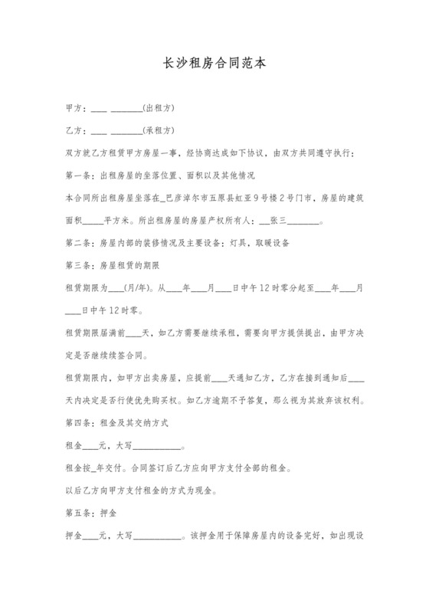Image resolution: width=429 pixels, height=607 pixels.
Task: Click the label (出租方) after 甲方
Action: pyautogui.click(x=159, y=108)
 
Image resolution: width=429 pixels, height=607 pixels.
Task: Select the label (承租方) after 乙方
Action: pyautogui.click(x=159, y=130)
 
